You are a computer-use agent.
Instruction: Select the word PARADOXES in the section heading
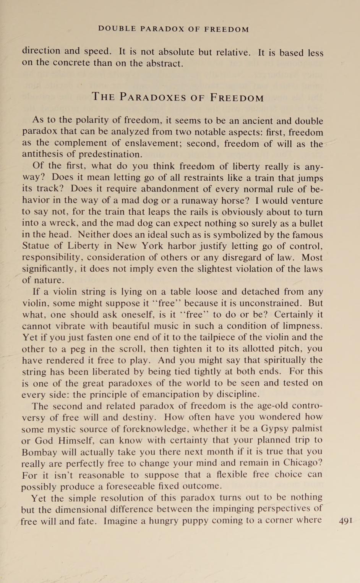tap(152, 97)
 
